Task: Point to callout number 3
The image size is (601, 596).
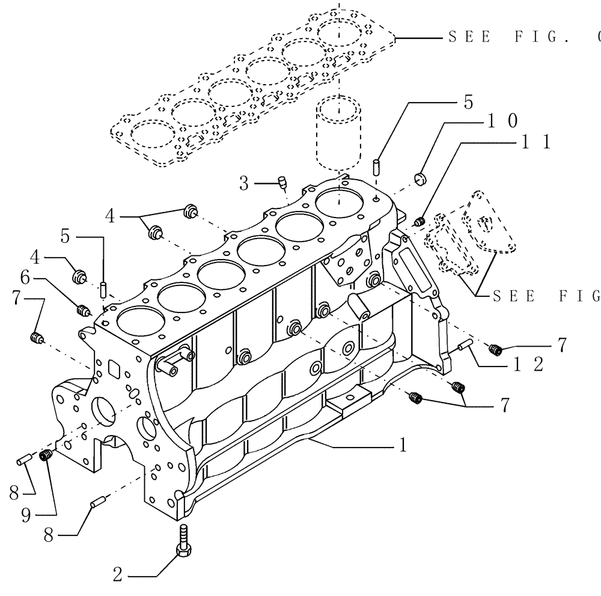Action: [x=243, y=184]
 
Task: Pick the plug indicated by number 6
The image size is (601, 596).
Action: [x=84, y=311]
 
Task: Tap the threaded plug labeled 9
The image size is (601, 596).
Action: [x=44, y=456]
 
